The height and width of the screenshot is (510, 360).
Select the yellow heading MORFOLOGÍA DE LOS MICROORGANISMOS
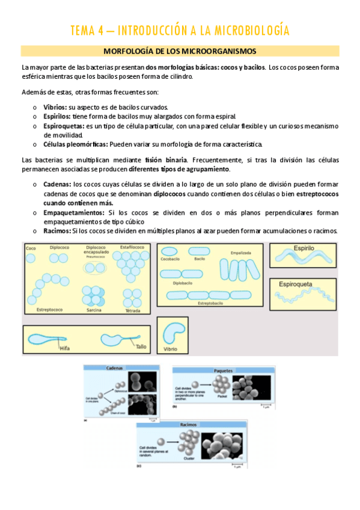pyautogui.click(x=180, y=51)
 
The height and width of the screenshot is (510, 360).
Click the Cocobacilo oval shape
pyautogui.click(x=169, y=251)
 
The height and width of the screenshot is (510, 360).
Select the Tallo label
pyautogui.click(x=141, y=347)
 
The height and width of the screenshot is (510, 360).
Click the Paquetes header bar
pyautogui.click(x=224, y=371)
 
